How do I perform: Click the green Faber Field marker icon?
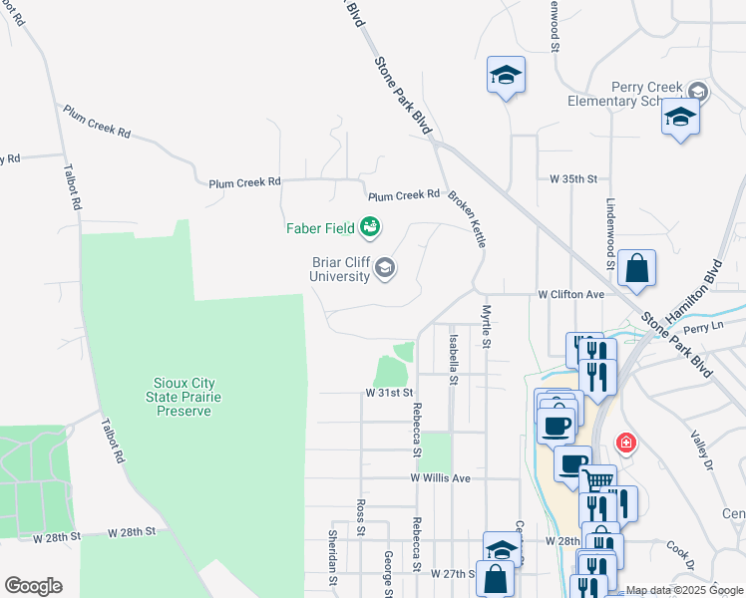tap(370, 228)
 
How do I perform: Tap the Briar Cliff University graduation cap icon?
tap(385, 267)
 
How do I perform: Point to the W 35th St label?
tap(573, 179)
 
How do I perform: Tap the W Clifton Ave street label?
tap(571, 295)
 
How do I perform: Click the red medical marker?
tap(625, 442)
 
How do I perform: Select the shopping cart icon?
tap(596, 480)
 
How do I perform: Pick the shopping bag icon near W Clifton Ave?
tap(636, 269)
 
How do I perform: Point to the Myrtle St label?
tap(487, 327)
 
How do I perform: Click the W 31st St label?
tap(388, 394)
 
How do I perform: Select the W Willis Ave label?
tap(440, 478)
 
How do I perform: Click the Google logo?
tap(33, 586)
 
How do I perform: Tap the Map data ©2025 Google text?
tap(684, 590)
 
